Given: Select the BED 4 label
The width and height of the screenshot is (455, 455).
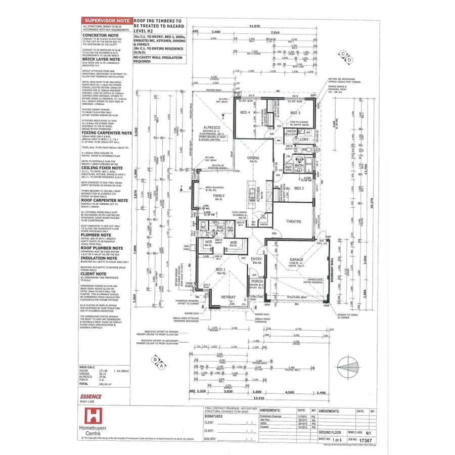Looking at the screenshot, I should (x=245, y=112).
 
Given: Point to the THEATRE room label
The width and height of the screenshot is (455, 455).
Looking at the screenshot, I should (x=293, y=221).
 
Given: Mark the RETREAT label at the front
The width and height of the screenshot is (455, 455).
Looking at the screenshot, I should (x=229, y=297).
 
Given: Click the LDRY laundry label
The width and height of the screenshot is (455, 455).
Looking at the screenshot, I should (x=304, y=139).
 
